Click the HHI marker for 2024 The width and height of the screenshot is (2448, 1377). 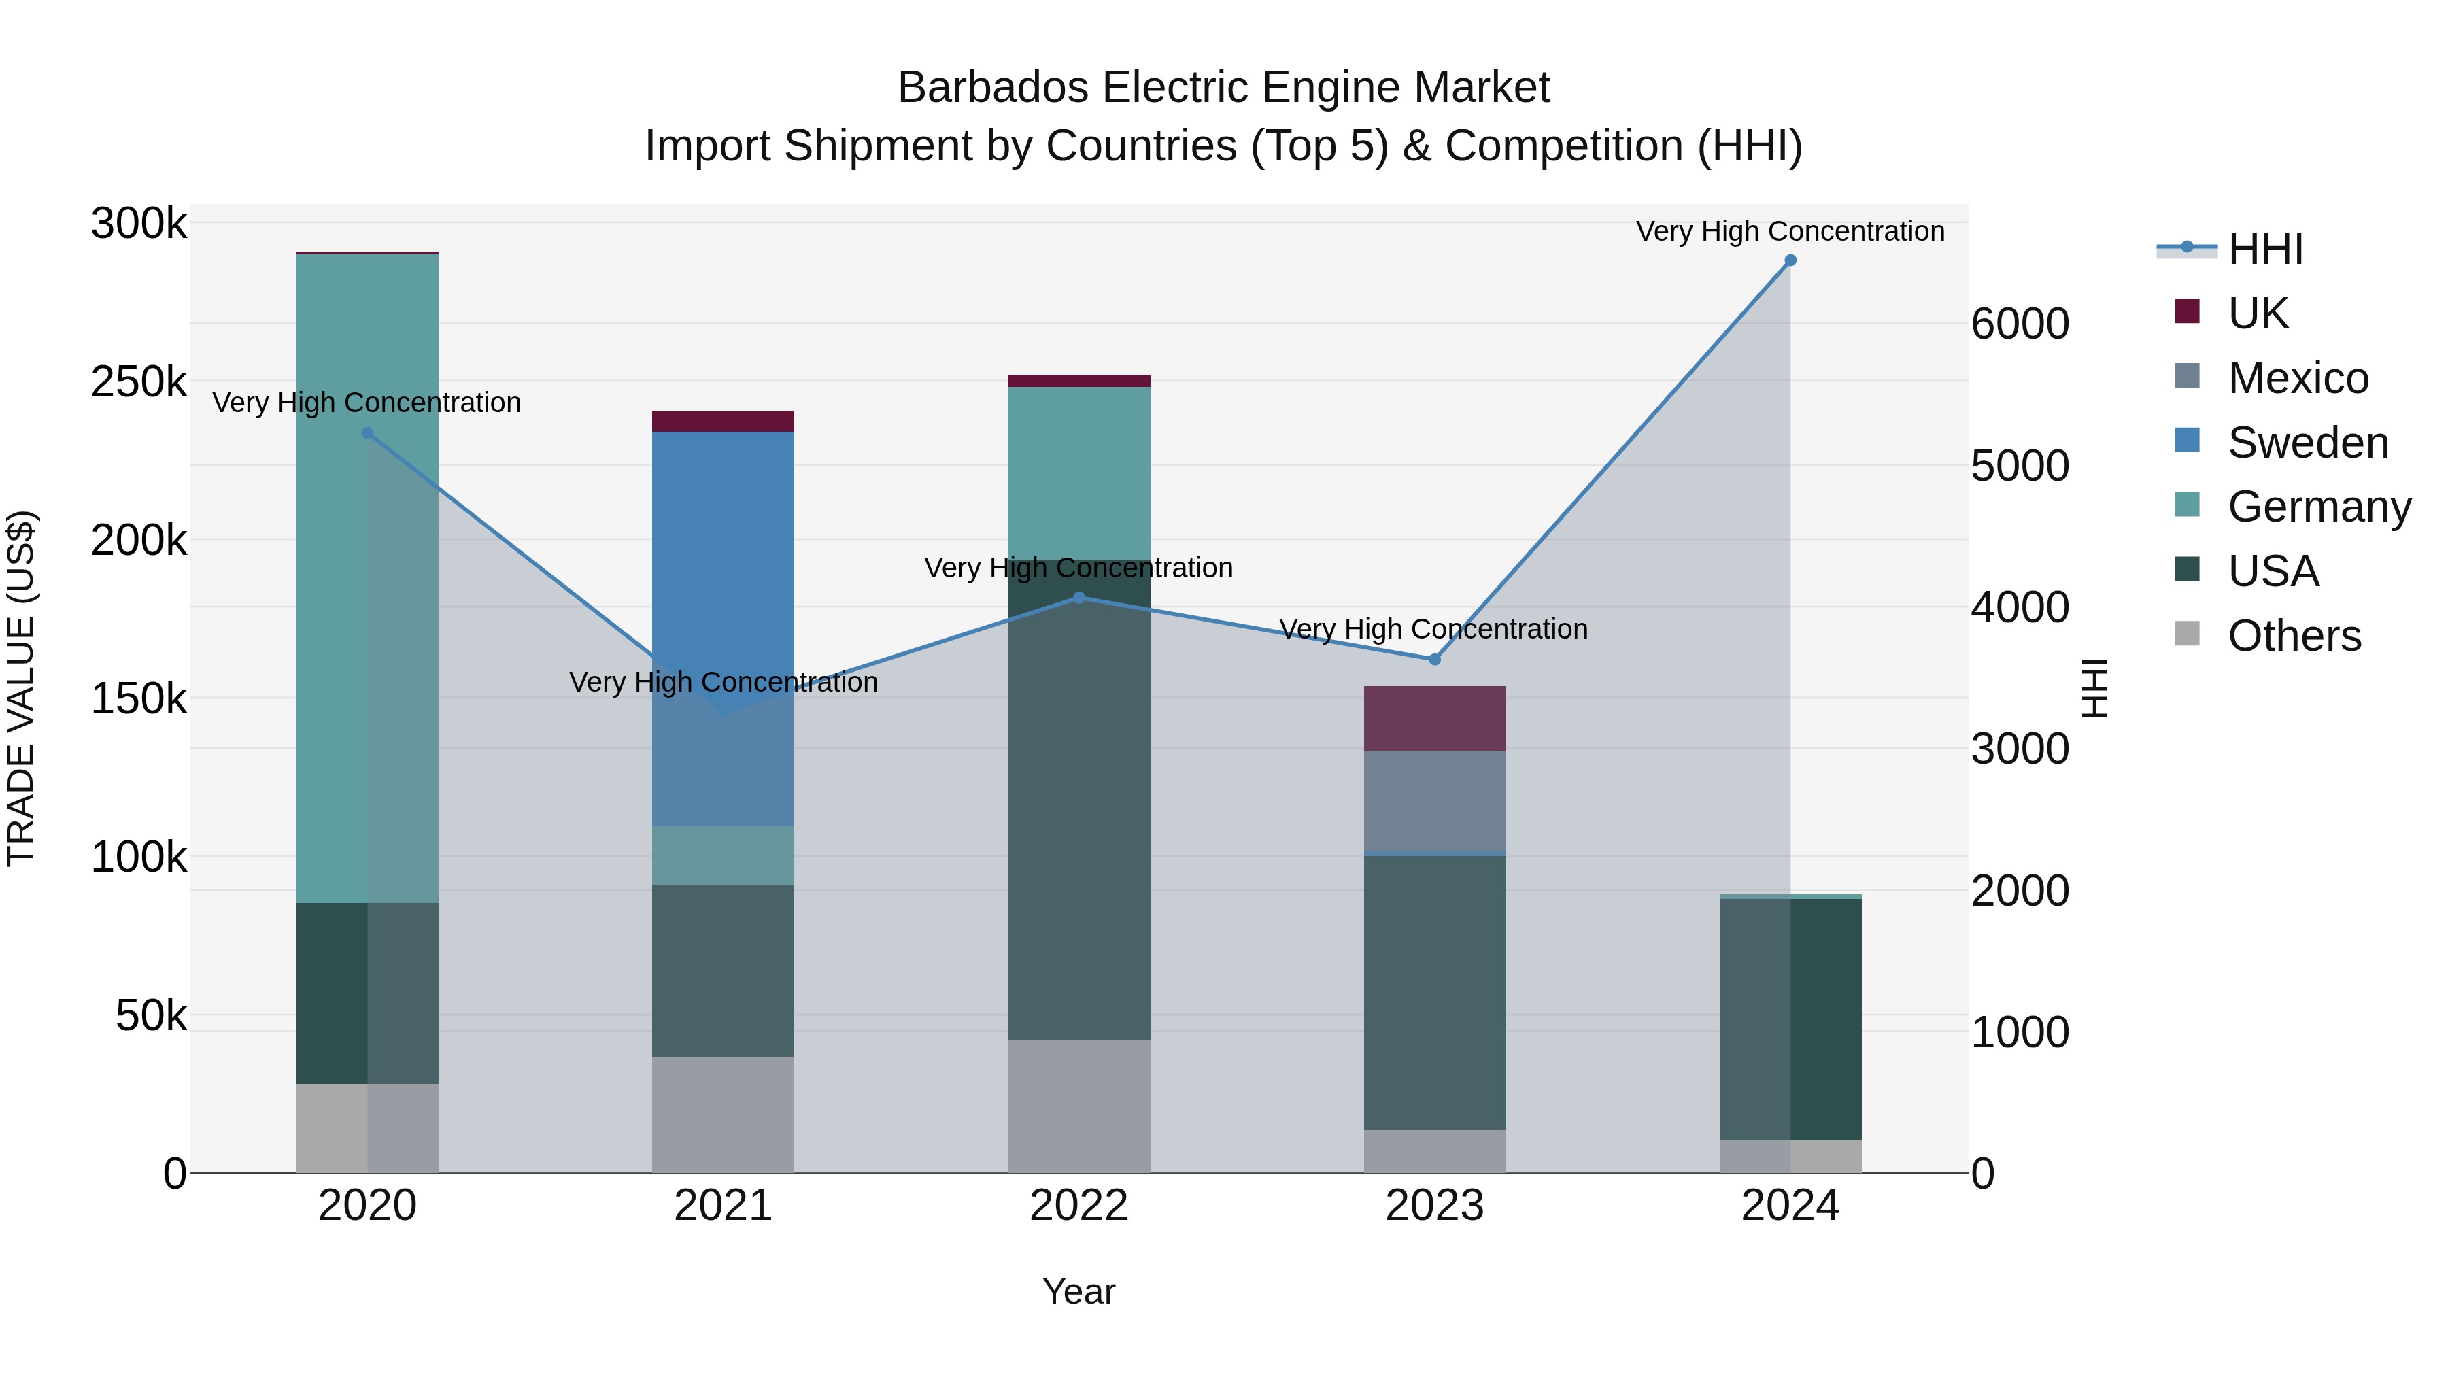[1790, 260]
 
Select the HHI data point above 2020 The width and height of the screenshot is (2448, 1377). [368, 433]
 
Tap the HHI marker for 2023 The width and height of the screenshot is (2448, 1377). [1435, 660]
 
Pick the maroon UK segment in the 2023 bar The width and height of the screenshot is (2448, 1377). [1435, 719]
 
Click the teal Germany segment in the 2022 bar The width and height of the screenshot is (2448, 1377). [1078, 473]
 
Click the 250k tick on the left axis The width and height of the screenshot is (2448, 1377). [139, 382]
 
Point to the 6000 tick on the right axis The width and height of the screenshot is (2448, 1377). [2020, 324]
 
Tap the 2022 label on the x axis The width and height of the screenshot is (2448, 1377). [1078, 1206]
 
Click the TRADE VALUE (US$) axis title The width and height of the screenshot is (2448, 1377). [21, 688]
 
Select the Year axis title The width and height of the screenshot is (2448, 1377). [1078, 1291]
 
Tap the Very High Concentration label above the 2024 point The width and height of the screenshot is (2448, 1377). [1790, 231]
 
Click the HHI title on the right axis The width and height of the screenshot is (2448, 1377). [2094, 688]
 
